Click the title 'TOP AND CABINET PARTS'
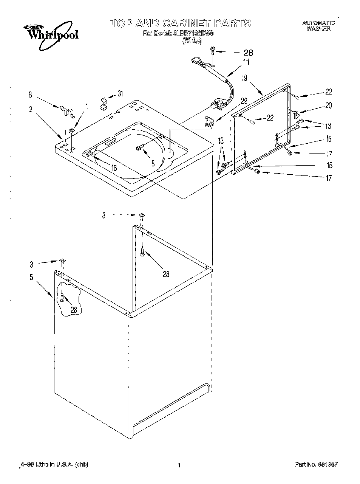[180, 23]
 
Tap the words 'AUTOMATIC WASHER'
[318, 26]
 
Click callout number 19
[244, 78]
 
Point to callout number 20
[328, 105]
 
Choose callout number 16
[328, 139]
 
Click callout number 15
[329, 165]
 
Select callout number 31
[120, 93]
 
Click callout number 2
[31, 109]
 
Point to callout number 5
[31, 277]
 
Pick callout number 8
[152, 163]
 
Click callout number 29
[244, 101]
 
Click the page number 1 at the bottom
[179, 464]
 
